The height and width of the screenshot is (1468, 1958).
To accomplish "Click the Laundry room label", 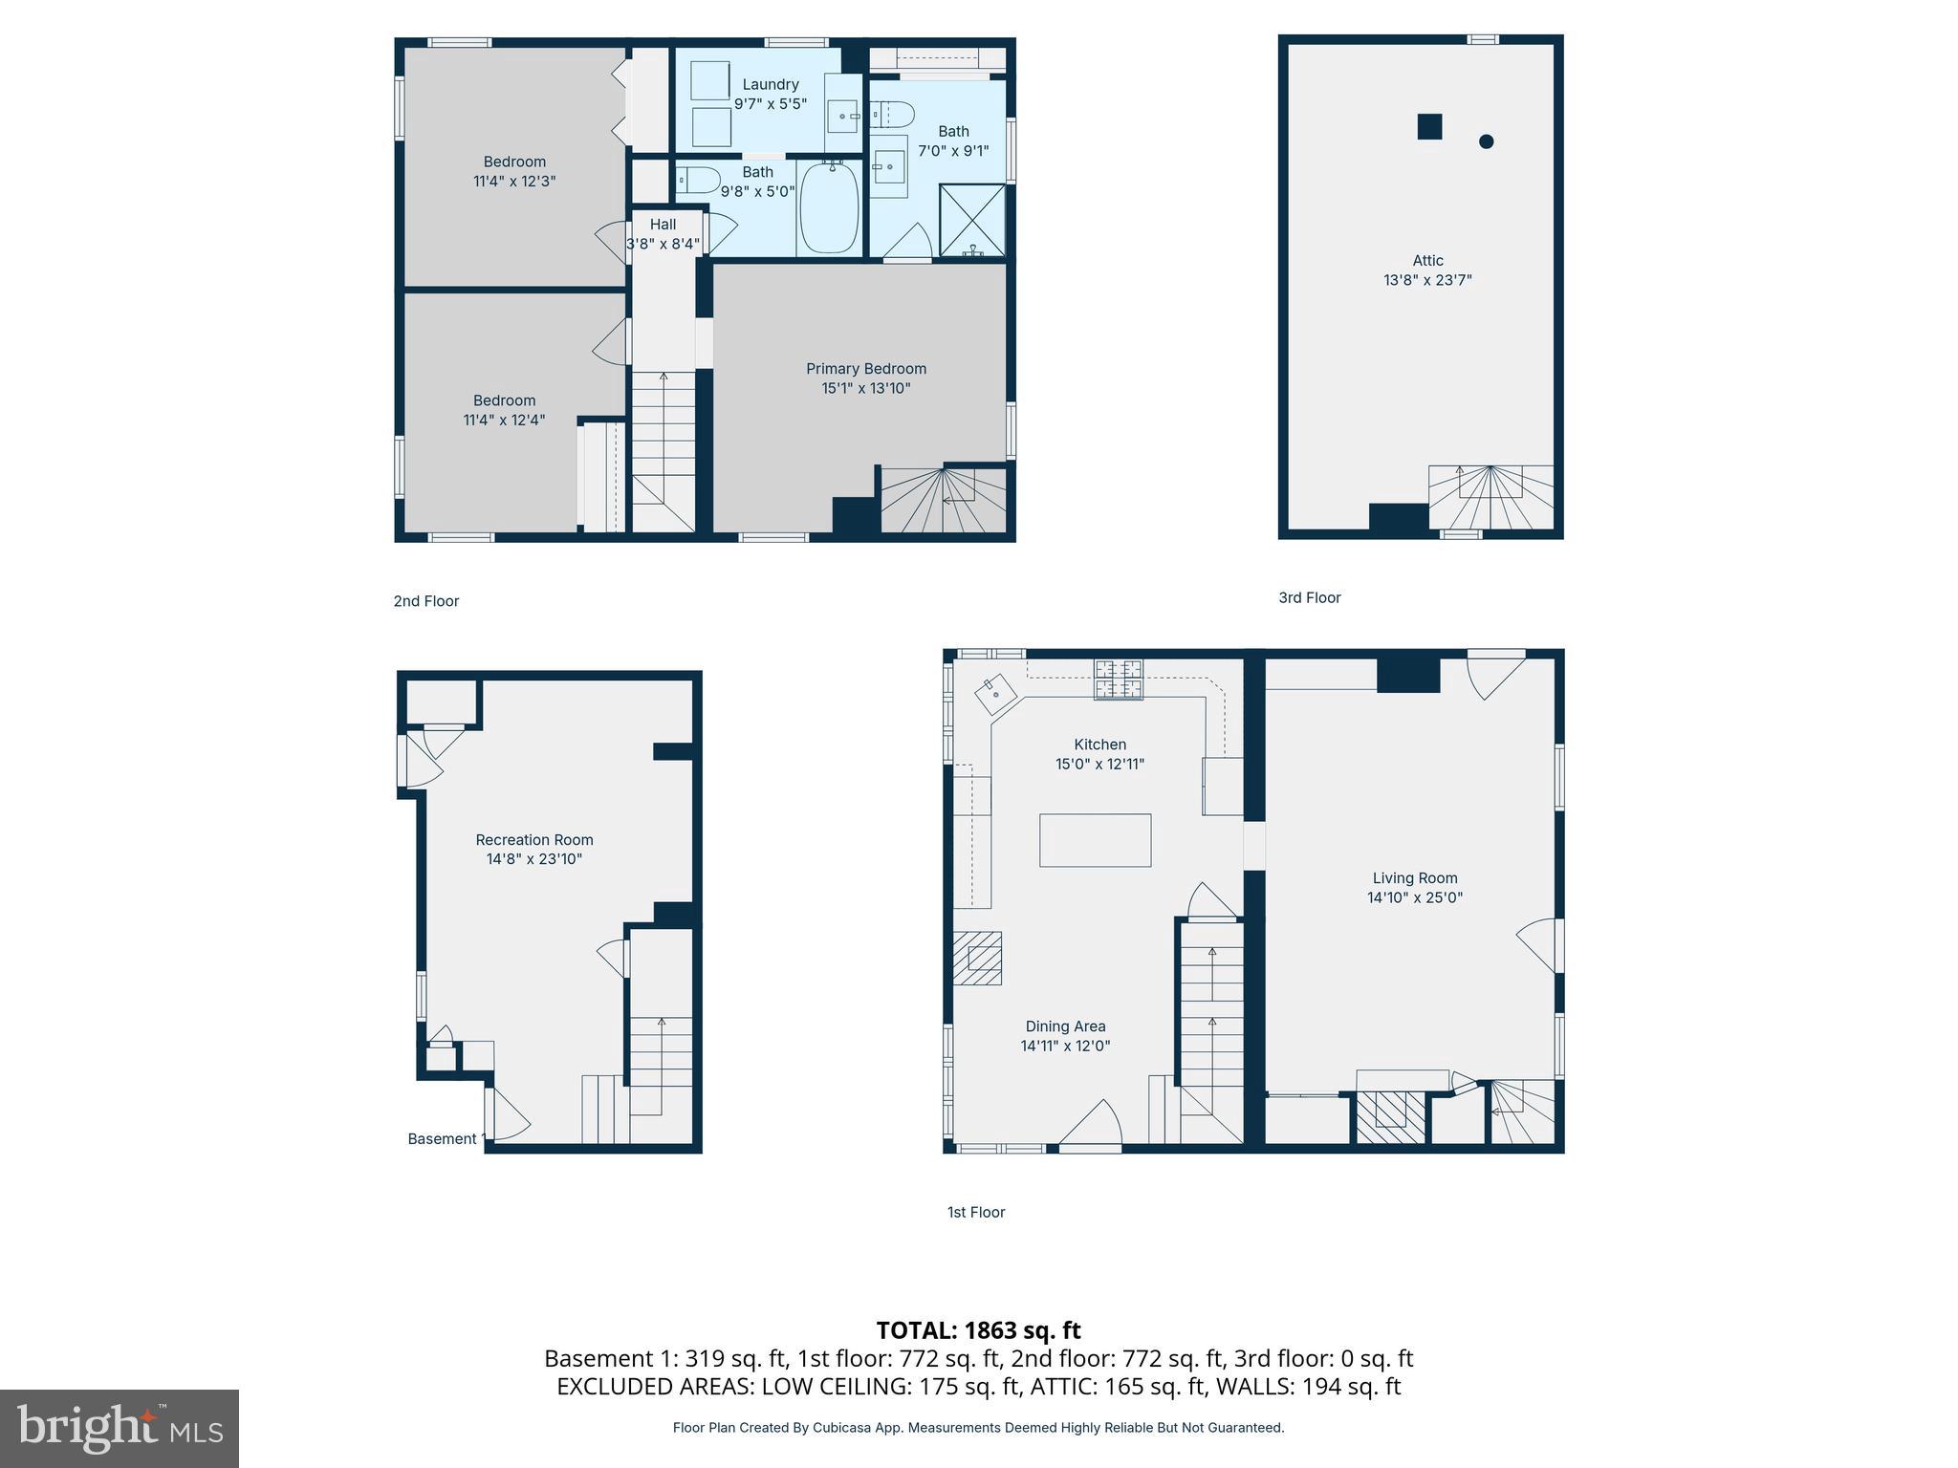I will click(770, 84).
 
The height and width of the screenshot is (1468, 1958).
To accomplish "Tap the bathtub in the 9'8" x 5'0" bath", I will click(829, 207).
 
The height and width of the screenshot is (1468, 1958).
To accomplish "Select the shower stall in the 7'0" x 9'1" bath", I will click(972, 221).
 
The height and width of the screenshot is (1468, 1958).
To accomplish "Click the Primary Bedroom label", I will click(865, 369).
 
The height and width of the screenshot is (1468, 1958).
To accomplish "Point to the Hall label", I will click(663, 225).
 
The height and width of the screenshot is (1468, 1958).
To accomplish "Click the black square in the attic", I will click(1428, 126).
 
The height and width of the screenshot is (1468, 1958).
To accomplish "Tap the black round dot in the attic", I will click(1486, 141).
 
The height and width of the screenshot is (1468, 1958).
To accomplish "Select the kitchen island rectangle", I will click(1095, 840).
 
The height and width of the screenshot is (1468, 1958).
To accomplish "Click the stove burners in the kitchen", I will click(1118, 680).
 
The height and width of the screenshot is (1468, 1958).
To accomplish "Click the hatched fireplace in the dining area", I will click(977, 958).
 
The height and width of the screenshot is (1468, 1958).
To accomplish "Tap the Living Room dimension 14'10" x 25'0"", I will click(1414, 897).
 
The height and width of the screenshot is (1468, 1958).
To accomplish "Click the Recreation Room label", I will click(534, 840).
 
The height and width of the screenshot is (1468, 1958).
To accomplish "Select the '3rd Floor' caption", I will click(1309, 597).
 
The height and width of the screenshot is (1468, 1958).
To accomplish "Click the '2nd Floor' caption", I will click(426, 601).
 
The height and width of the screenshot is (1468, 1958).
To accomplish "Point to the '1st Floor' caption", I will click(975, 1212).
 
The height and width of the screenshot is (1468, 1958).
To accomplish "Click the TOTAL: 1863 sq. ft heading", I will click(978, 1330).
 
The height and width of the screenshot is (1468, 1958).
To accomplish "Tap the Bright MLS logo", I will click(119, 1428).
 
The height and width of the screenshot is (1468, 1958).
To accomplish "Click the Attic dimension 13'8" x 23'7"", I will click(1427, 280).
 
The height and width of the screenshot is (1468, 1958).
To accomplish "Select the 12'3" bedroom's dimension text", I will click(514, 181).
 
